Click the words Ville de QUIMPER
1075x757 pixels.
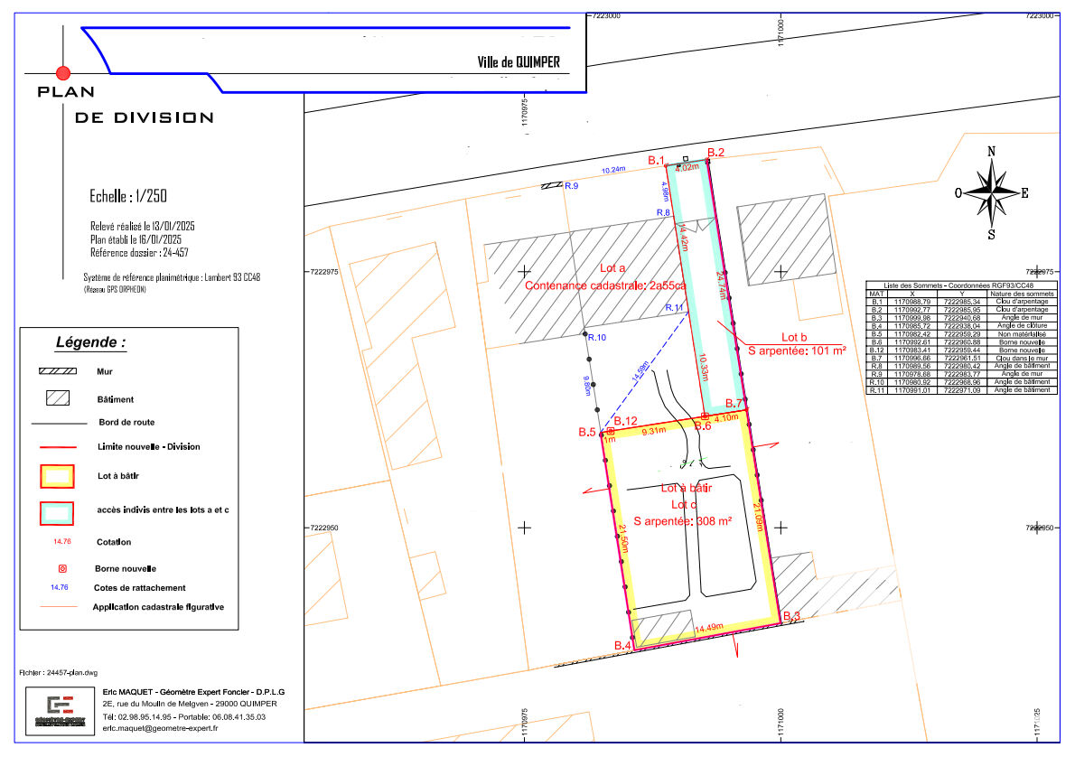point(519,62)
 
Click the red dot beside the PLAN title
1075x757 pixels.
point(62,72)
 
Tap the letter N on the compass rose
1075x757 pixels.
point(991,152)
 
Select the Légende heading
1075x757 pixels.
point(90,343)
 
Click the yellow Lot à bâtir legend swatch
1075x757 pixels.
point(57,475)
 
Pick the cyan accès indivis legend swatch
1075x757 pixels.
point(57,511)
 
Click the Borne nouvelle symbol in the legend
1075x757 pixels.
point(61,569)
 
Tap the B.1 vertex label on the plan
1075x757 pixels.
point(657,160)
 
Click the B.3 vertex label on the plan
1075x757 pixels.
point(792,616)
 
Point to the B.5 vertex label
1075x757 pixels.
point(587,433)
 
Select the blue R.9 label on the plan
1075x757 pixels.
point(571,186)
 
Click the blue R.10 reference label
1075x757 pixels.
point(596,338)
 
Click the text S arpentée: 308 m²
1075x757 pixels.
point(682,521)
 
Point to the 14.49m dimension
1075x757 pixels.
point(708,627)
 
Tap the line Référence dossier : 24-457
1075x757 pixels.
point(139,253)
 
